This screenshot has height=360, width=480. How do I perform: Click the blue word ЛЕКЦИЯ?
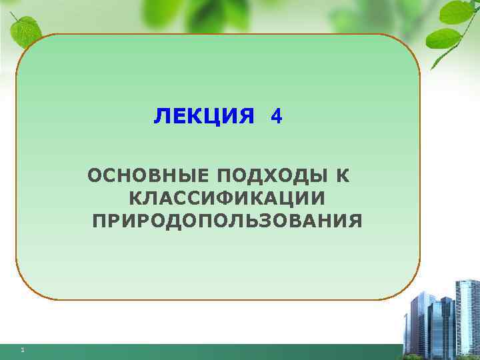tap(204, 117)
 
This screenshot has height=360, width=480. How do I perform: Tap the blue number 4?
tap(277, 117)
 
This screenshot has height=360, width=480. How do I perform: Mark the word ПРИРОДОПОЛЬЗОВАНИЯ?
tap(227, 221)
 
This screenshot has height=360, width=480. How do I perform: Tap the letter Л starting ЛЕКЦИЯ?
tap(161, 117)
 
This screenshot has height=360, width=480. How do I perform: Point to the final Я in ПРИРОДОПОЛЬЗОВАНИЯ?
tap(356, 221)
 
